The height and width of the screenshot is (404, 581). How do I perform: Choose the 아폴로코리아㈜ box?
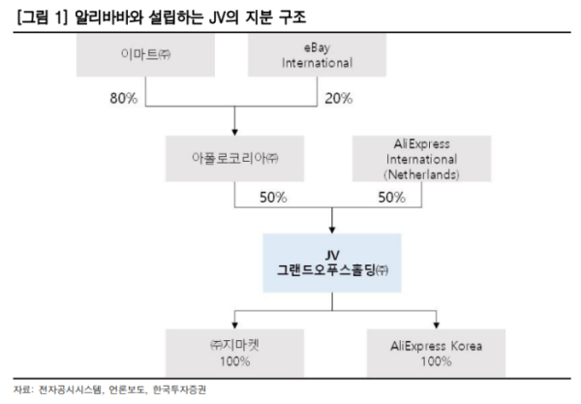[235, 155]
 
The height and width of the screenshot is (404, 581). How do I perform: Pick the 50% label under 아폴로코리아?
[272, 198]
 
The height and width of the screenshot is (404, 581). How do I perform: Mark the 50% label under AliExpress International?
[391, 198]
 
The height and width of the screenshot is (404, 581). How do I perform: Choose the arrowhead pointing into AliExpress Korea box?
[421, 324]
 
